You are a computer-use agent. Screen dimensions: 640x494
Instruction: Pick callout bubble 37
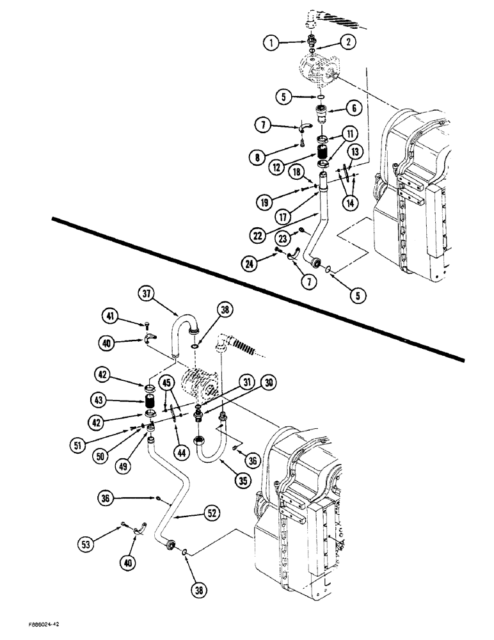coord(147,294)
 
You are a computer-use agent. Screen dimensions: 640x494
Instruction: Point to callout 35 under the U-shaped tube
coord(222,476)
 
